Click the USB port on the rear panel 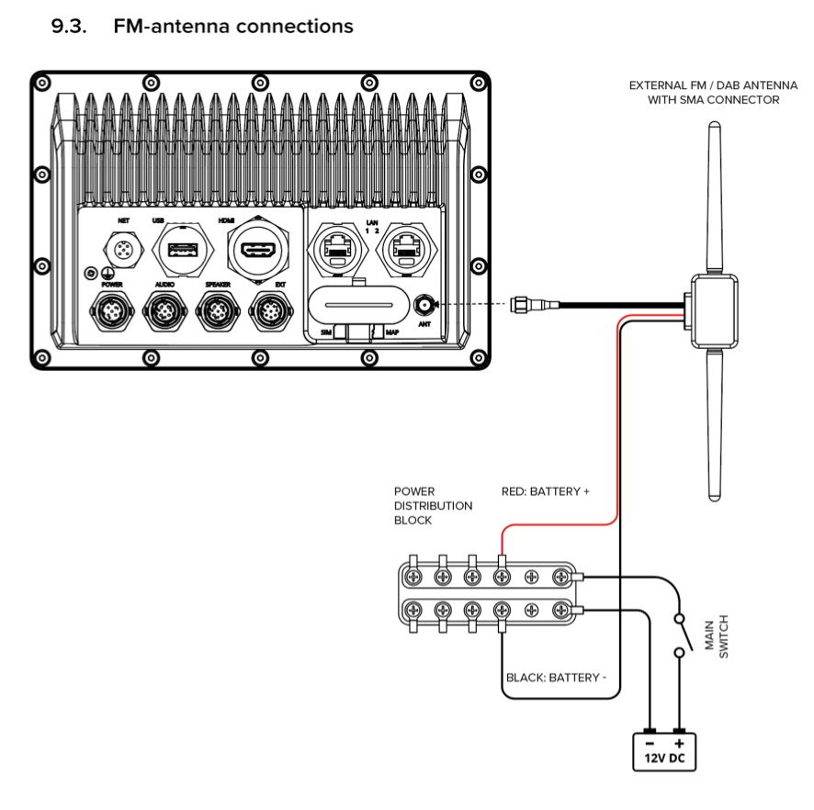pos(183,250)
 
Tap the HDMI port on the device pos(258,250)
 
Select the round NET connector pos(123,250)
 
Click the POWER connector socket pos(112,311)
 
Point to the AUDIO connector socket pos(165,311)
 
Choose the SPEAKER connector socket pos(218,311)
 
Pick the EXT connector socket pos(271,311)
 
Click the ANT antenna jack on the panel pos(424,305)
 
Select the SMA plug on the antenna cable pos(535,305)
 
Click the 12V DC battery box pos(664,752)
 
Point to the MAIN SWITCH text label pos(717,636)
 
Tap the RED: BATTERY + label pos(545,491)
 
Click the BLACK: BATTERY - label pos(556,678)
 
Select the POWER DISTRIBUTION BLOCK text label pos(433,506)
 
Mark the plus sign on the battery pos(679,744)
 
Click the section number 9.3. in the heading pos(69,26)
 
